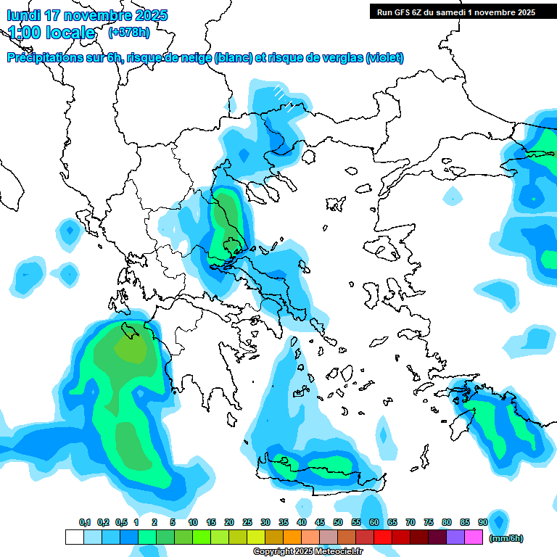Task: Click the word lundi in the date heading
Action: pyautogui.click(x=24, y=15)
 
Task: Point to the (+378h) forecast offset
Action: pyautogui.click(x=130, y=33)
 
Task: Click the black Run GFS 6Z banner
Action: pyautogui.click(x=453, y=12)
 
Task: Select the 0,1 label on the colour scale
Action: pyautogui.click(x=85, y=522)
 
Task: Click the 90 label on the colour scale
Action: pyautogui.click(x=482, y=522)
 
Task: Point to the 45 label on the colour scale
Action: pyautogui.click(x=320, y=522)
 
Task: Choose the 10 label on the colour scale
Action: pyautogui.click(x=193, y=522)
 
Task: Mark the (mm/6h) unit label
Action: pyautogui.click(x=506, y=538)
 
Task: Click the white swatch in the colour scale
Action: pyautogui.click(x=74, y=537)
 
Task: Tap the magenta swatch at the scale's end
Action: pyautogui.click(x=474, y=537)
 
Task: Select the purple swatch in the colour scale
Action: pyautogui.click(x=455, y=537)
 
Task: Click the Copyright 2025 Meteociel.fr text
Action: pyautogui.click(x=308, y=552)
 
